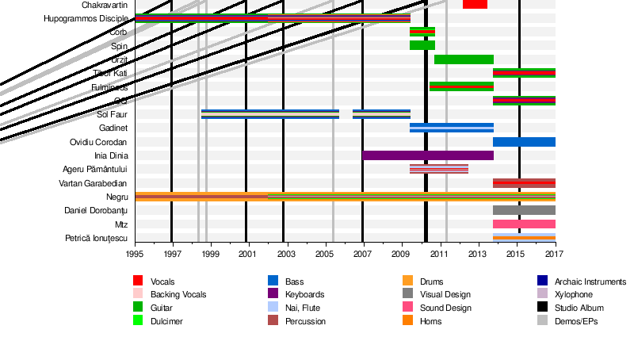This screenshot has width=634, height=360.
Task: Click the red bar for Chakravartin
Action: (x=475, y=4)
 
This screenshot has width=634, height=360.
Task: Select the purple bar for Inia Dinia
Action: (x=428, y=155)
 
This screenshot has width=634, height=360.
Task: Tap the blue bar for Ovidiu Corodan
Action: (x=524, y=142)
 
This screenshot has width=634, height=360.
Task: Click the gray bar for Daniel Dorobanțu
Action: (x=524, y=210)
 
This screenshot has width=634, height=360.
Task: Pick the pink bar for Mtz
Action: (x=524, y=224)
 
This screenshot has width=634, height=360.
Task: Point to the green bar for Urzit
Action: (x=464, y=59)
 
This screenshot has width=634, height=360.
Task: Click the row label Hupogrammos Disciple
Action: (x=86, y=18)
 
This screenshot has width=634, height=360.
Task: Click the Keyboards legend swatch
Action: (x=273, y=295)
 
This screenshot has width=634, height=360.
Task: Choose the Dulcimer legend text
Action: (x=167, y=321)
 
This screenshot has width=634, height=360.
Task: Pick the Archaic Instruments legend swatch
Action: (x=542, y=281)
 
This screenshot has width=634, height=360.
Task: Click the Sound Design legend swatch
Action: (x=408, y=308)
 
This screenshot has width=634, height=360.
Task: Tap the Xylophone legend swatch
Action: (x=542, y=295)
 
